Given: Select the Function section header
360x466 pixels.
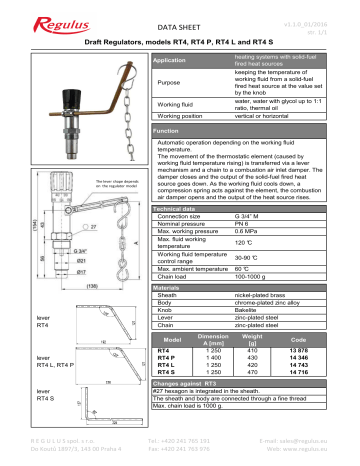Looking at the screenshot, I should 165,131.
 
